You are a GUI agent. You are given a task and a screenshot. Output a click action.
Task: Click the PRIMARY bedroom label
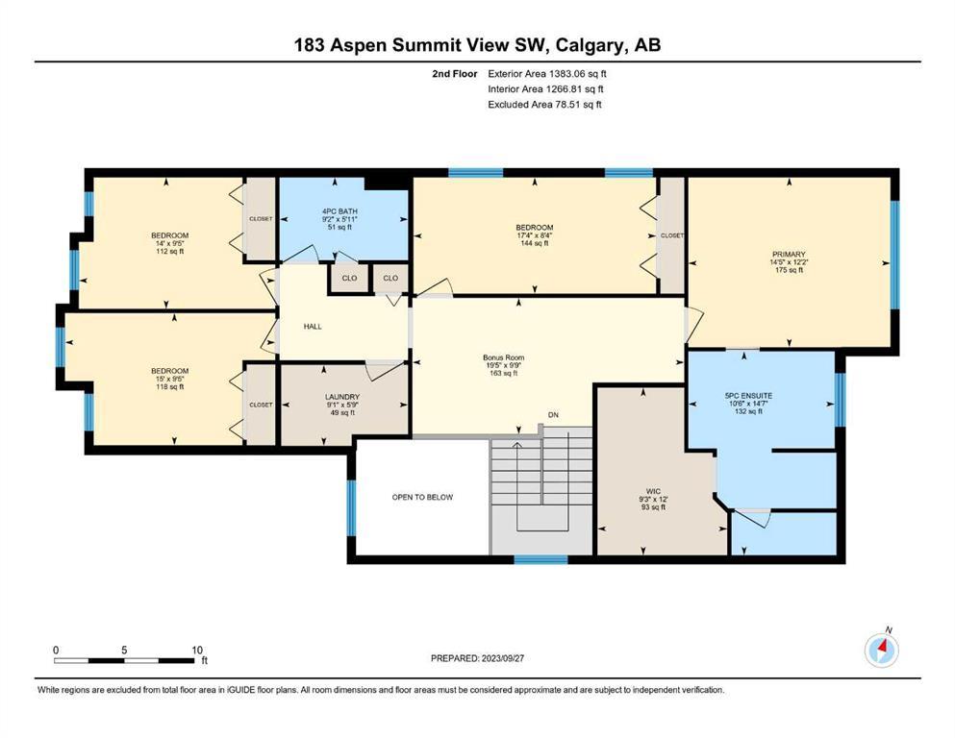(789, 255)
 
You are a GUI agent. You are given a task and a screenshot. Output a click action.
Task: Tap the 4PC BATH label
(339, 211)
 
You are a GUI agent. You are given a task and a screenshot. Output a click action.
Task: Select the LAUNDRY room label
(342, 397)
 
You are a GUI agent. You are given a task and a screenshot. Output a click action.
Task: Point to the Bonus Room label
(504, 357)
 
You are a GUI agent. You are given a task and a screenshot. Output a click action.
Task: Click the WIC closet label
(654, 492)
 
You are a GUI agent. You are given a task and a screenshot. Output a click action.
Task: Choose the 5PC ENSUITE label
(748, 396)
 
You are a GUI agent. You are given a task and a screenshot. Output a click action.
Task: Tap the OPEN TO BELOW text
(423, 497)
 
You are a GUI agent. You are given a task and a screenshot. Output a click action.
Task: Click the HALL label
(313, 327)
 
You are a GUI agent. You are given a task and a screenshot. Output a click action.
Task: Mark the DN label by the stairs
(553, 415)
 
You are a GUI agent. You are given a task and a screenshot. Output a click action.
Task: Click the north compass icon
(881, 651)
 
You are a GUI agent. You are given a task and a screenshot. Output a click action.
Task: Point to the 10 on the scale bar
(197, 650)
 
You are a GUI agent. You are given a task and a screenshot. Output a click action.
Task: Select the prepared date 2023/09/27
(502, 658)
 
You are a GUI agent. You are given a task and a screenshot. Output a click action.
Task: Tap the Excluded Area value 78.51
(567, 104)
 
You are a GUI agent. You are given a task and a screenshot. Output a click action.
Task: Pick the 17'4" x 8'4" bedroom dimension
(535, 235)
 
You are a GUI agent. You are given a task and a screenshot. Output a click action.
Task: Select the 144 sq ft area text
(535, 243)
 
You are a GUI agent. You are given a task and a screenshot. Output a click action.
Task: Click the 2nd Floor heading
(455, 74)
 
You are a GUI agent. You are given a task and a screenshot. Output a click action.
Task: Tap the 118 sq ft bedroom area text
(170, 386)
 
